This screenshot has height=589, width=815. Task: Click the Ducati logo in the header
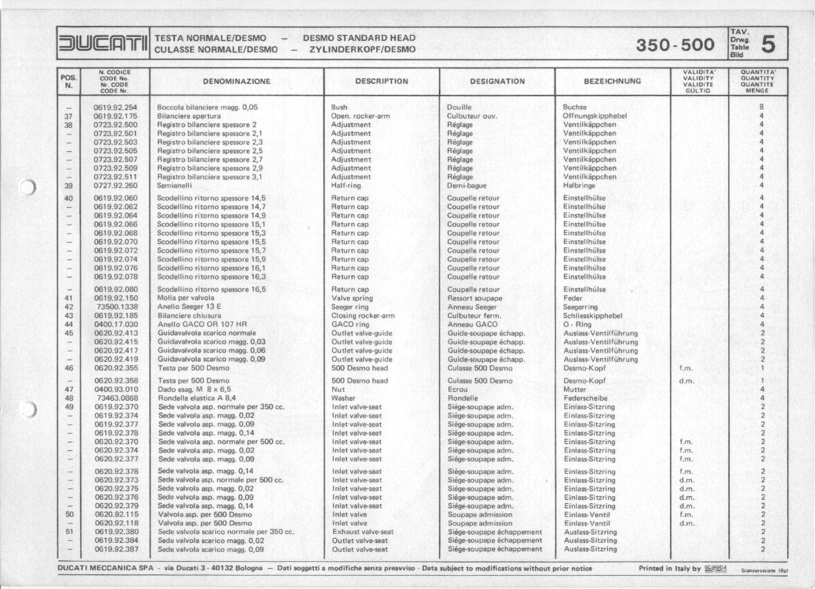tap(103, 44)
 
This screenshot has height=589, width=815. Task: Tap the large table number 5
tap(769, 44)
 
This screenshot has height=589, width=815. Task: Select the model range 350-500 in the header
tap(675, 45)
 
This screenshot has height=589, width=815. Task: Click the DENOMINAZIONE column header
tap(236, 82)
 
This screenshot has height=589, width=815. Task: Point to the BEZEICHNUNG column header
tap(612, 82)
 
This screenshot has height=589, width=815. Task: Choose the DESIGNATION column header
tap(497, 82)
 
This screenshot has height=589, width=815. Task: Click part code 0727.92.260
tap(116, 185)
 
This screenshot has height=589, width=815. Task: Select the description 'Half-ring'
tap(347, 185)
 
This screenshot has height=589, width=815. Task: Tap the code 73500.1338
tap(116, 306)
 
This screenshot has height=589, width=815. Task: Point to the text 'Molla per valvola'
tap(187, 298)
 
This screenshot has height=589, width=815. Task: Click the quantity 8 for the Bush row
tap(762, 107)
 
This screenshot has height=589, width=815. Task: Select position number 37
tap(68, 116)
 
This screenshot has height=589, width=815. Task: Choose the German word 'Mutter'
tap(574, 390)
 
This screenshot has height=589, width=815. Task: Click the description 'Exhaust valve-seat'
tap(363, 531)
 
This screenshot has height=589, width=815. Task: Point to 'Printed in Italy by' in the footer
tap(669, 568)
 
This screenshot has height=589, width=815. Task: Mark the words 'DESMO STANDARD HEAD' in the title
tap(359, 38)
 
